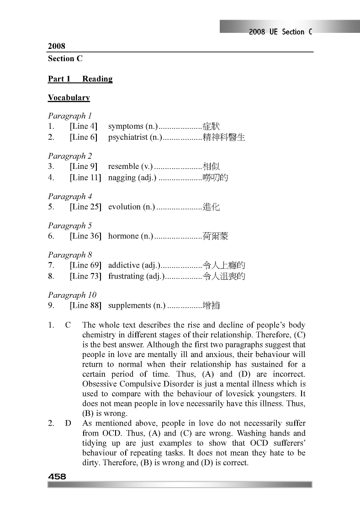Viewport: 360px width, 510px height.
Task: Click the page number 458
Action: click(57, 477)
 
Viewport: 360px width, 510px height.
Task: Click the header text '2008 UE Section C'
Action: click(281, 32)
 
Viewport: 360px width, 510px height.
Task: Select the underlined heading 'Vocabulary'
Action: click(69, 98)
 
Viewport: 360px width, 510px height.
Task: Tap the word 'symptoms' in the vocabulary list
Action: click(125, 126)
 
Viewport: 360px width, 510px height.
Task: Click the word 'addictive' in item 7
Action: click(124, 265)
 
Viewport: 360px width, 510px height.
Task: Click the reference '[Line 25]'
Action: click(85, 207)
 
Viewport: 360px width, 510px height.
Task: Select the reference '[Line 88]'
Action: click(85, 305)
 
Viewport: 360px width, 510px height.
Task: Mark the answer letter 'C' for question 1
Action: click(68, 325)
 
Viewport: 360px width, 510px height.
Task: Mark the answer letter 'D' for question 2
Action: click(68, 423)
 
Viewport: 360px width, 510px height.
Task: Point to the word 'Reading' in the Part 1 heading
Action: click(97, 79)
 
